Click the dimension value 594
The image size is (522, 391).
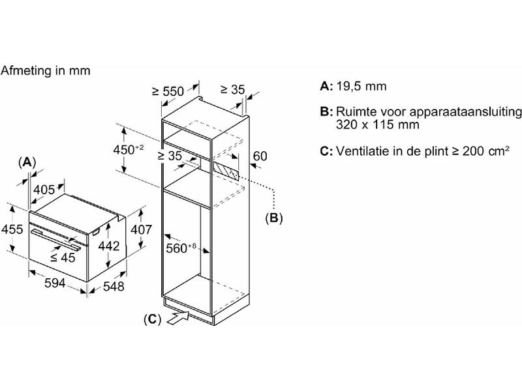(55, 283)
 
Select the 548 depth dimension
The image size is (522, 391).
(114, 286)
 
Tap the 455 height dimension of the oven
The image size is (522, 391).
(12, 229)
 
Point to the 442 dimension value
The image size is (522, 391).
(109, 246)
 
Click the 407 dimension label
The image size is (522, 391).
(141, 229)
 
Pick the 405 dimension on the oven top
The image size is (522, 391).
(44, 190)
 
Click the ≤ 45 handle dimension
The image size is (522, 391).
(63, 257)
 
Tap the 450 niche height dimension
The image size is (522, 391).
(129, 150)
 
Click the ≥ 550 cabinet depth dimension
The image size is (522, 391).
(168, 91)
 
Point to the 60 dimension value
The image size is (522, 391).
(260, 156)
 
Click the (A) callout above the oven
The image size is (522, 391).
(27, 162)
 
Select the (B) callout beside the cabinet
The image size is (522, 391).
(273, 218)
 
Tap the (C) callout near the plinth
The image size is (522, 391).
(152, 319)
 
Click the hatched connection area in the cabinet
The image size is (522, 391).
(226, 171)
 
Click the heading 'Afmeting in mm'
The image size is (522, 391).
(45, 70)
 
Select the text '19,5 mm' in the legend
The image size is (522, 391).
(361, 86)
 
